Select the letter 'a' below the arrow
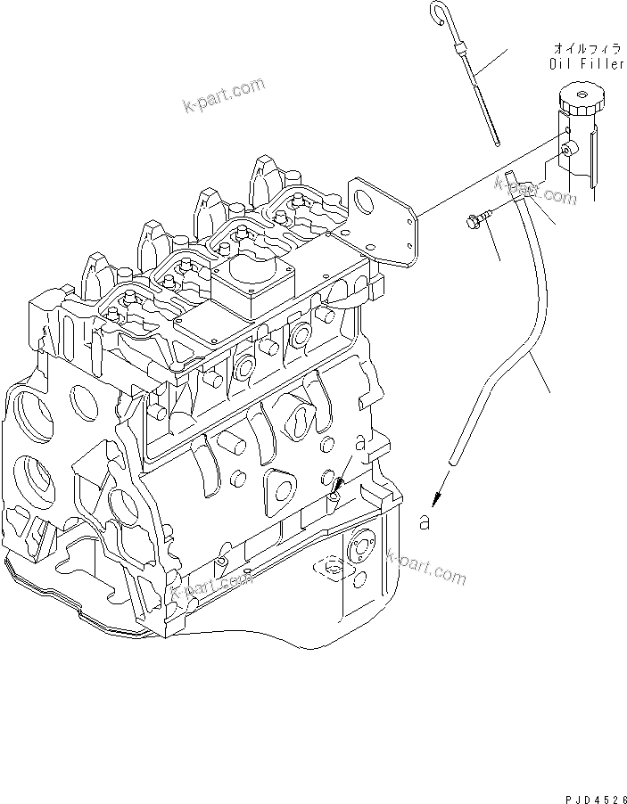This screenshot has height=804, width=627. tap(425, 523)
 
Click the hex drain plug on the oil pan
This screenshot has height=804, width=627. tap(334, 568)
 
